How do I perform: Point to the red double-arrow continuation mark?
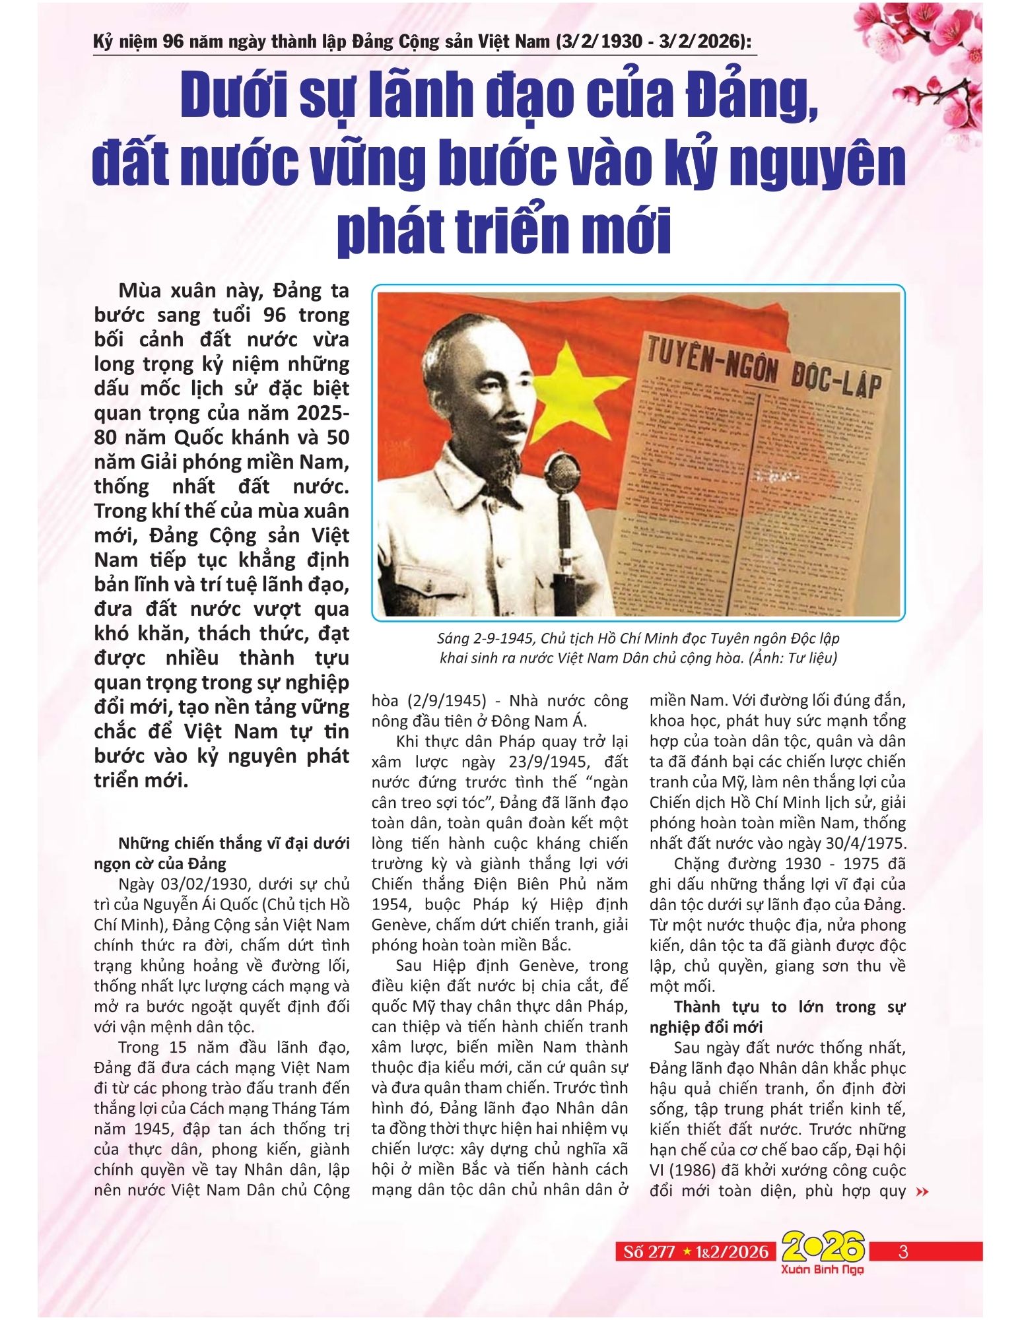tap(923, 1192)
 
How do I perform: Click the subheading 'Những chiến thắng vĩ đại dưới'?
tap(234, 843)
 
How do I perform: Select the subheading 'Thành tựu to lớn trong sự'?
tap(789, 1007)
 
